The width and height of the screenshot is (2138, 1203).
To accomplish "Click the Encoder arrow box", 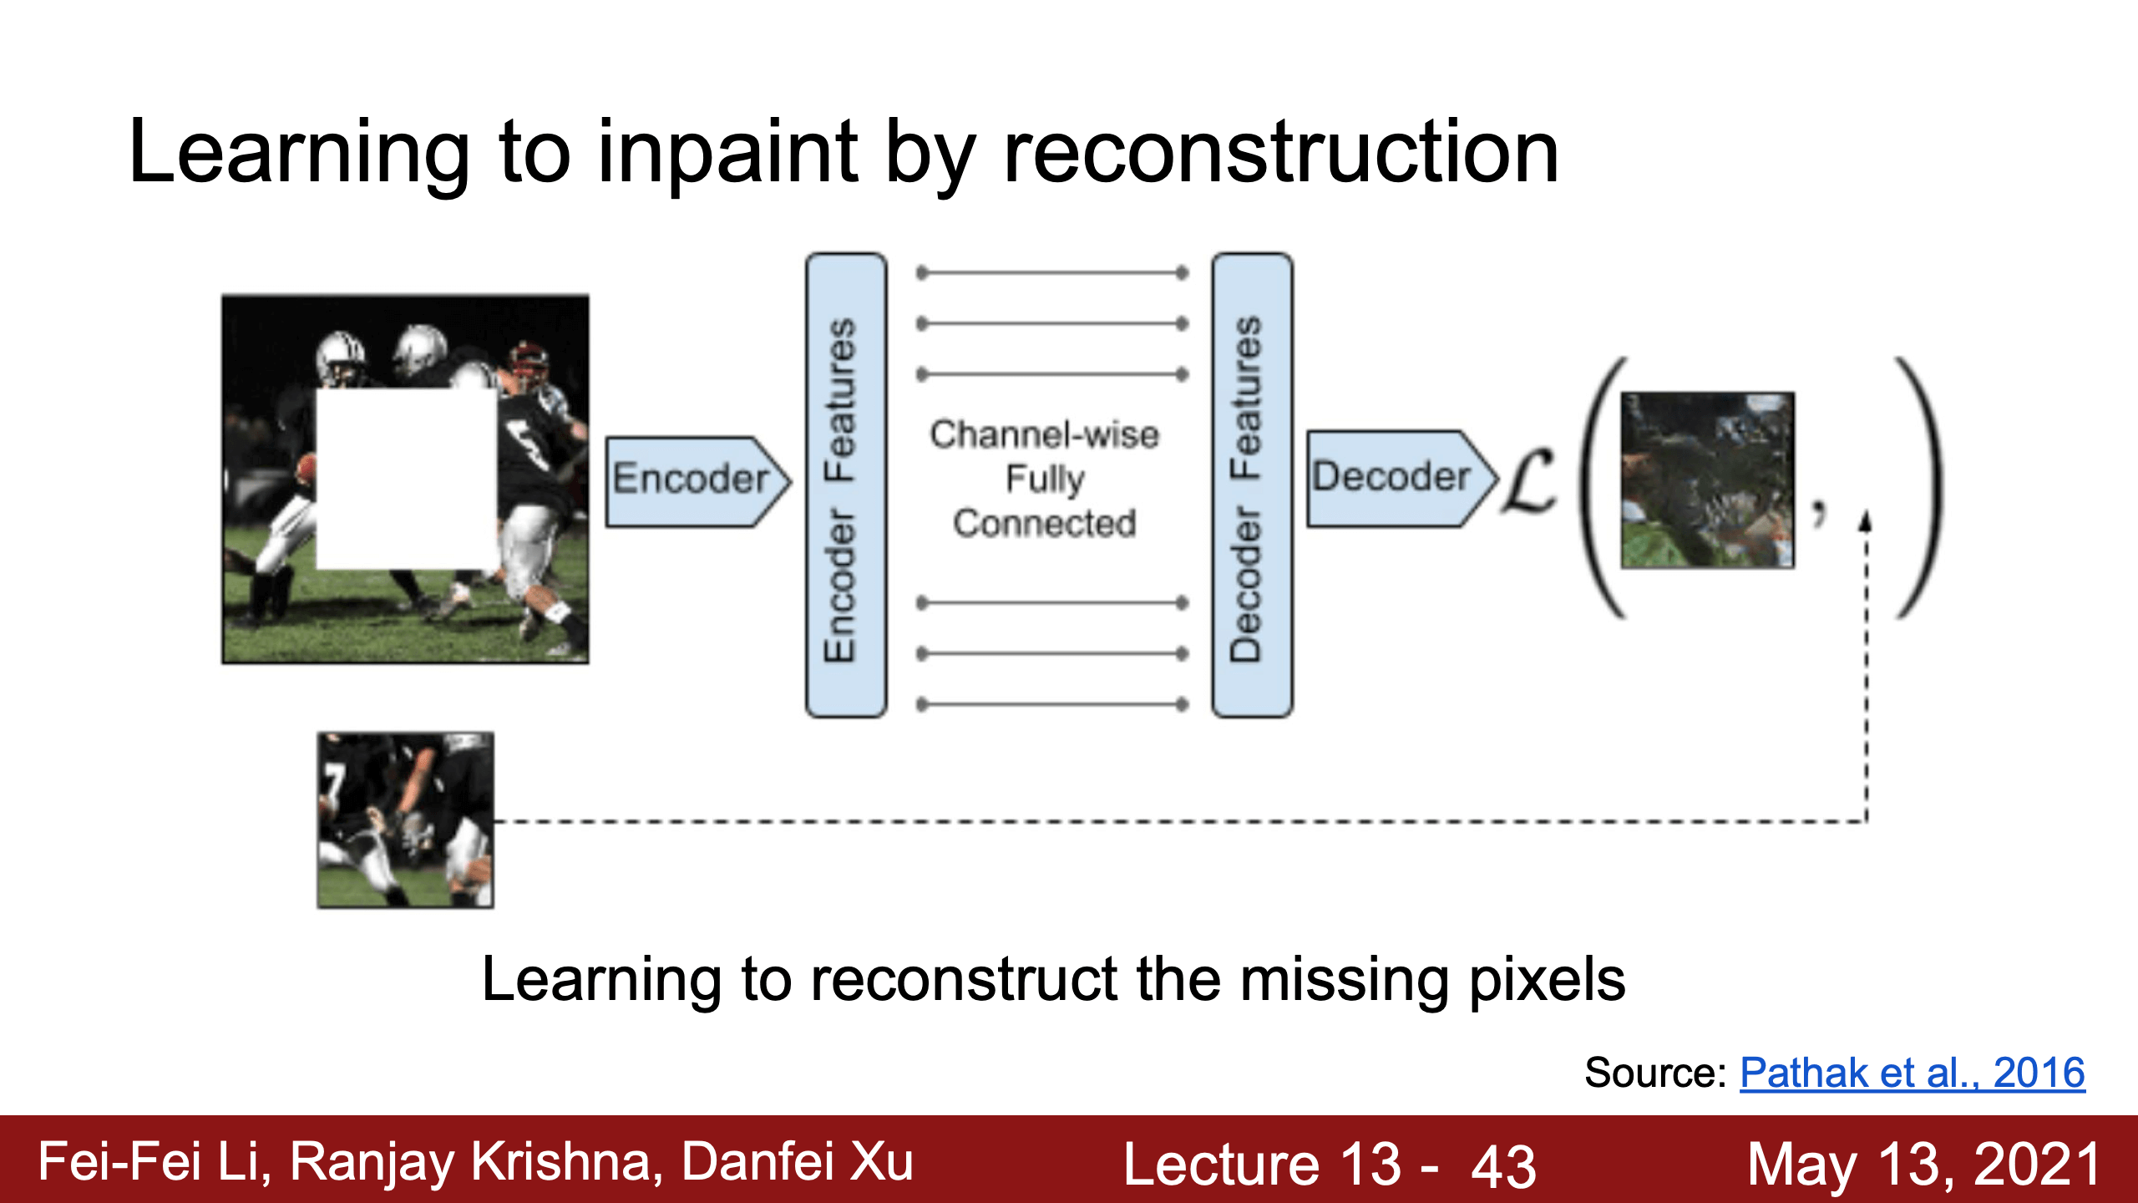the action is point(697,481).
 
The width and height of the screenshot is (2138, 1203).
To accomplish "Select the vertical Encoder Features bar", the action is point(846,485).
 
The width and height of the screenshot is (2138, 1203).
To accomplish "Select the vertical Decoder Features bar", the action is point(1252,485).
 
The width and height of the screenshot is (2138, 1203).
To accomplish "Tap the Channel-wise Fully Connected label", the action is point(1045,479).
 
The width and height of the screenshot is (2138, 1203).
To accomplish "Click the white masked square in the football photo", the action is point(407,479).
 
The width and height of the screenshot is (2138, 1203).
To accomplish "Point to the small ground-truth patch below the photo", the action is point(406,820).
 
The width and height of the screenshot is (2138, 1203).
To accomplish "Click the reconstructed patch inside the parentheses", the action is point(1707,480).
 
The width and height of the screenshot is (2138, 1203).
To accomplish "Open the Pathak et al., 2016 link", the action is point(1913,1073).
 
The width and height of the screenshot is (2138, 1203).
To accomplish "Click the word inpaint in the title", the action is point(727,153).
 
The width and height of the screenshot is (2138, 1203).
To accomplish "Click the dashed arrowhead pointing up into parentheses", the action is point(1866,521).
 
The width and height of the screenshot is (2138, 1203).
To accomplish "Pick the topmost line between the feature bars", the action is point(1052,272).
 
